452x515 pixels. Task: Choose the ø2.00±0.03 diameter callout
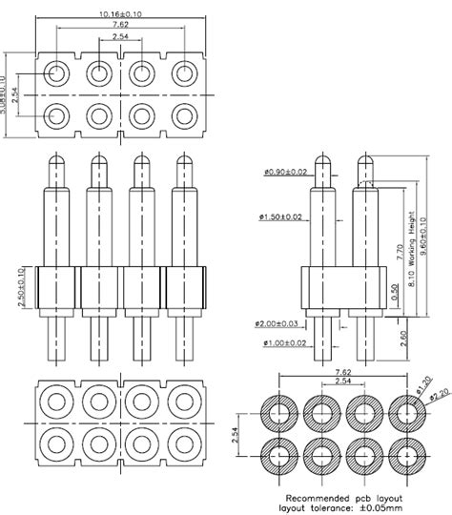281,324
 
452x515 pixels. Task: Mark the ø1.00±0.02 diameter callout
281,342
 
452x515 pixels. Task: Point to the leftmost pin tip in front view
52,162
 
